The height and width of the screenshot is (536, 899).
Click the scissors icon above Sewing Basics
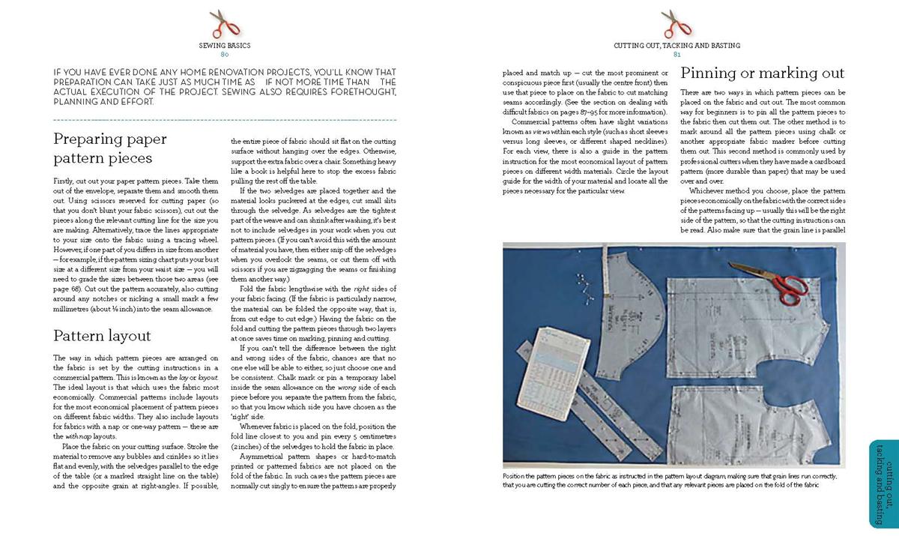(x=224, y=23)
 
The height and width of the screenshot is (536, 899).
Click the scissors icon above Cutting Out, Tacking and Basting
(x=676, y=23)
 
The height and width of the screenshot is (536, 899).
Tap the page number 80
(x=224, y=55)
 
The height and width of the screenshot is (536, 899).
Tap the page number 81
(x=676, y=55)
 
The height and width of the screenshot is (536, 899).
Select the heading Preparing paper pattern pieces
(x=110, y=148)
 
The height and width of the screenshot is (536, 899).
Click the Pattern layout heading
(x=102, y=335)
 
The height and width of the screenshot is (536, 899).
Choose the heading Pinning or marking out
(x=762, y=73)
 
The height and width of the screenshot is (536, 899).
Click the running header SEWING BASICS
(x=224, y=46)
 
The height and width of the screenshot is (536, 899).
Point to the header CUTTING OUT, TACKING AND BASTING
(x=676, y=46)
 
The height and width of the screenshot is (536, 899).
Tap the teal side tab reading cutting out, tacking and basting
(x=884, y=483)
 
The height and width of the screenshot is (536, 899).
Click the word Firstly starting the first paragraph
(x=65, y=181)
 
